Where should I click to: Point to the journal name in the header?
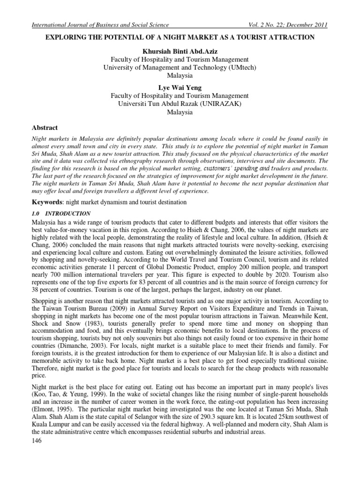pyautogui.click(x=99, y=25)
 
